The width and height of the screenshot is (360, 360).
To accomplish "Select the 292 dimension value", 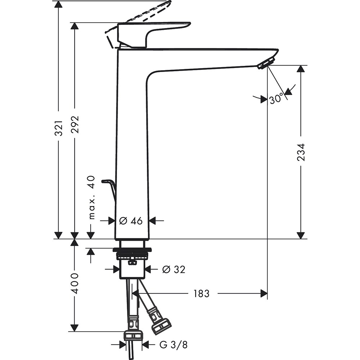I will pos(76,125).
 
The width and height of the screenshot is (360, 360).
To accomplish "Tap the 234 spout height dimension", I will pos(301,152).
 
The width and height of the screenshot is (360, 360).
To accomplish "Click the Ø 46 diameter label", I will pos(131,221).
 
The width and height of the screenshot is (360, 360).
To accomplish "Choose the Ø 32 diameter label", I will pos(174,269).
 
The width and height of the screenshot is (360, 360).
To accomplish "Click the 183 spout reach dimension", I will pos(201,293).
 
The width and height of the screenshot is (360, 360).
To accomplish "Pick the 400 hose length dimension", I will pos(75,283).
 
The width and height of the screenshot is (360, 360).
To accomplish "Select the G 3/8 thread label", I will pos(173,345).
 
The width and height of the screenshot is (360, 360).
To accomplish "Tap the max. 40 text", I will pos(91,197).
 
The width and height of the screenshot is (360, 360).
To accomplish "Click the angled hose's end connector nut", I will pos(161,325).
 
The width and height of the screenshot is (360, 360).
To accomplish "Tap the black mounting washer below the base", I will pos(132,249).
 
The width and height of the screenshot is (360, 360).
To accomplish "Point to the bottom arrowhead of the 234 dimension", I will pos(301,235).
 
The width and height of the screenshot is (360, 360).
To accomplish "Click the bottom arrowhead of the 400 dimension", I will pos(74,328).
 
